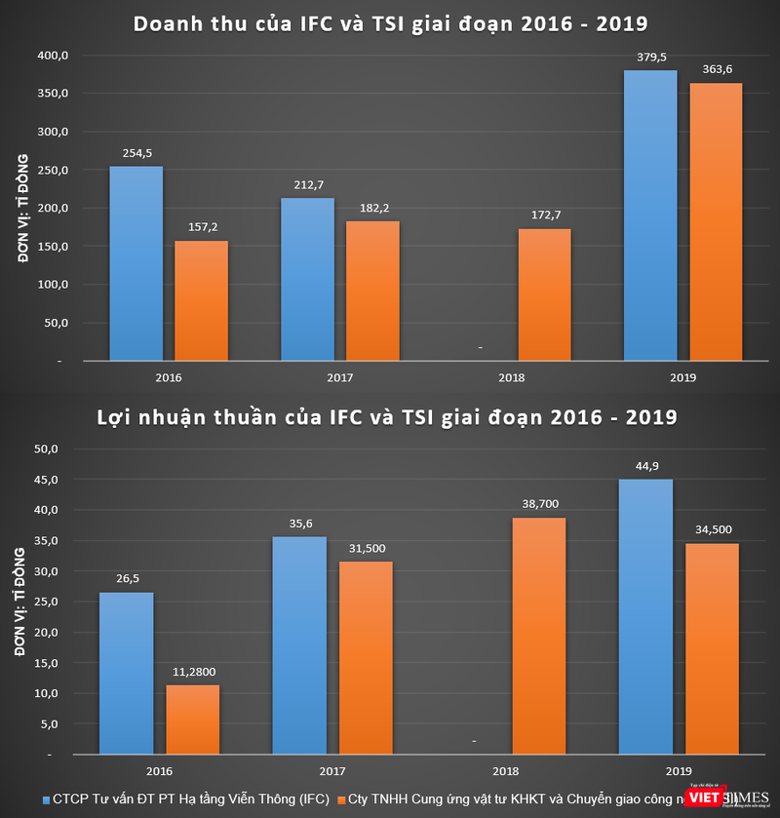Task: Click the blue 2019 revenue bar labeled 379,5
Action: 649,215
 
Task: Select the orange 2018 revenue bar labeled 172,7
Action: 544,294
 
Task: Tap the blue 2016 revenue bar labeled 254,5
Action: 136,263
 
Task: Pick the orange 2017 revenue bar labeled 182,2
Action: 372,291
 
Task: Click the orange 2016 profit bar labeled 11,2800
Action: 192,720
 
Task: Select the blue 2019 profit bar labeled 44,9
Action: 645,616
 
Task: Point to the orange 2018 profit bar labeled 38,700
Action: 538,636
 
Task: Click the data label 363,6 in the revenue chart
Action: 715,68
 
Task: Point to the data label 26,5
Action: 127,578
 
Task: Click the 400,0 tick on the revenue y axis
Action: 53,56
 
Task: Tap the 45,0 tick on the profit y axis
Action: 46,480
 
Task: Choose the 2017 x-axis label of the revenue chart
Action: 339,377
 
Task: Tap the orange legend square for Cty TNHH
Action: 341,799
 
